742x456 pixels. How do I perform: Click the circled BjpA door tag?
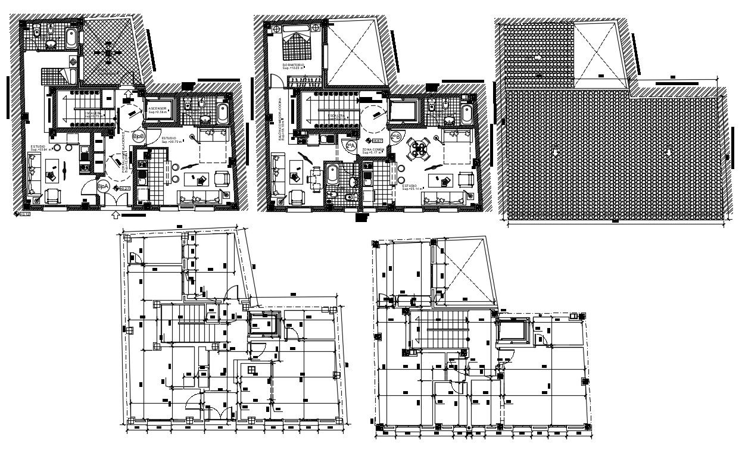point(102,186)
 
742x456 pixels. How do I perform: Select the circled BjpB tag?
point(138,137)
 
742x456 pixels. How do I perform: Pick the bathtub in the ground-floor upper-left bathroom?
point(71,39)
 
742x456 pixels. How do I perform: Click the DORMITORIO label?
point(294,65)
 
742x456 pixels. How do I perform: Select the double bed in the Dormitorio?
point(295,40)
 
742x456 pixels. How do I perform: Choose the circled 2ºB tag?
point(396,137)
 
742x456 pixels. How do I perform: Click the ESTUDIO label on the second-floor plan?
point(410,186)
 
